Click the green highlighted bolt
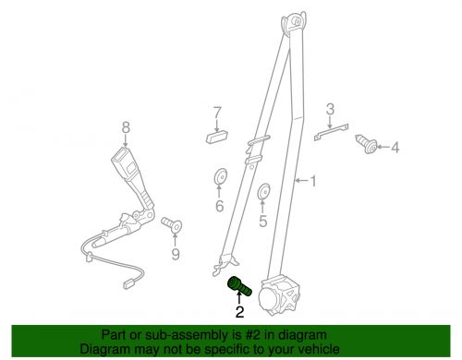(x=239, y=286)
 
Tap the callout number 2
(x=239, y=312)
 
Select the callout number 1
(x=313, y=181)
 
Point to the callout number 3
(x=330, y=109)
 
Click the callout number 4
(x=395, y=148)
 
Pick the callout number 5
(x=262, y=222)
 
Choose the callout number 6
(x=219, y=206)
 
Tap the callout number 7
(x=217, y=113)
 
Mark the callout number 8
(x=126, y=127)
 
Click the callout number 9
(x=176, y=254)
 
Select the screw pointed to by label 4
(x=367, y=144)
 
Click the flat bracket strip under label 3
(x=331, y=132)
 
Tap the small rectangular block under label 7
(x=217, y=137)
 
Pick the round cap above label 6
(x=220, y=176)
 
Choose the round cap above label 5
(x=264, y=191)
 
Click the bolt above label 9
(x=172, y=225)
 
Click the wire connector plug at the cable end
(x=128, y=284)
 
